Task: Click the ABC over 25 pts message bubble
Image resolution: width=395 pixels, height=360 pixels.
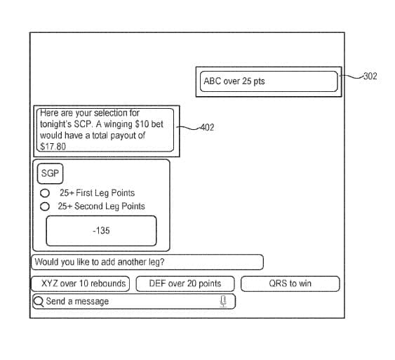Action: coord(269,81)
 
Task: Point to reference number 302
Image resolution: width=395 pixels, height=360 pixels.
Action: coord(370,76)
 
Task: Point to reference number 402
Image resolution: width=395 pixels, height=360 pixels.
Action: coord(207,128)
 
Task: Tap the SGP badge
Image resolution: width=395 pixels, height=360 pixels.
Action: coord(50,173)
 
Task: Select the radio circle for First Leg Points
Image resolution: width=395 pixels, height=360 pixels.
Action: coord(45,193)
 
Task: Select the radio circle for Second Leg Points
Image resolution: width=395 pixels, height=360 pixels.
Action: coord(45,206)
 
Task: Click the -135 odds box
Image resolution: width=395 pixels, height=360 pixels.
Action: coord(101,231)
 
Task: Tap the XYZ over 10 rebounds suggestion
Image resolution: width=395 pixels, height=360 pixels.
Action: coord(81,284)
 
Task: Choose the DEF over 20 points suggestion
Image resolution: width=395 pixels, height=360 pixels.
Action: coord(185,284)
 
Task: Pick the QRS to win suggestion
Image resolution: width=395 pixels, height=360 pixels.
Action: coord(290,284)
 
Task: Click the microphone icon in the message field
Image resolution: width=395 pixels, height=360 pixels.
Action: coord(223,301)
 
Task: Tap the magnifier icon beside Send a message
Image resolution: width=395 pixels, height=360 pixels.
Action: coord(39,302)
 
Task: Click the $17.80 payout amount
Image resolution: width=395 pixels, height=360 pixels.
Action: coord(53,147)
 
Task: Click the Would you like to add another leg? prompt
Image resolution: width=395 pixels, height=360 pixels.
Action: coord(100,262)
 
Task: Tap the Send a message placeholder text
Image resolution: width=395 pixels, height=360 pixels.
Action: coord(77,301)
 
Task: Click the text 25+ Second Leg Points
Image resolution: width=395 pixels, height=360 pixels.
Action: coord(102,206)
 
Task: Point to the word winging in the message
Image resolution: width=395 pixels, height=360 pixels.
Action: coord(118,124)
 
